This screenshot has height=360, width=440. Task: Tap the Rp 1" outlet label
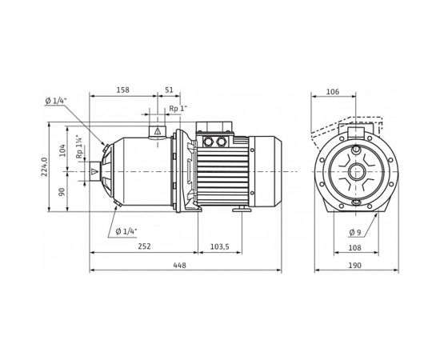point(178,109)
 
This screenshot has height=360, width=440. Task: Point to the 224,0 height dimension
point(46,169)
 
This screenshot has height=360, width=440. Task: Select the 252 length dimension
point(144,247)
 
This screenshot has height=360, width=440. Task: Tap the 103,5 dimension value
point(219,247)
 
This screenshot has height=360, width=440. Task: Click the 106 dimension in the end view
point(333,92)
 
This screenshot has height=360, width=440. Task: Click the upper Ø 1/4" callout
point(54,100)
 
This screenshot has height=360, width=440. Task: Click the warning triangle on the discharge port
point(158,130)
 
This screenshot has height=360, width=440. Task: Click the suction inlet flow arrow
point(95,170)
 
